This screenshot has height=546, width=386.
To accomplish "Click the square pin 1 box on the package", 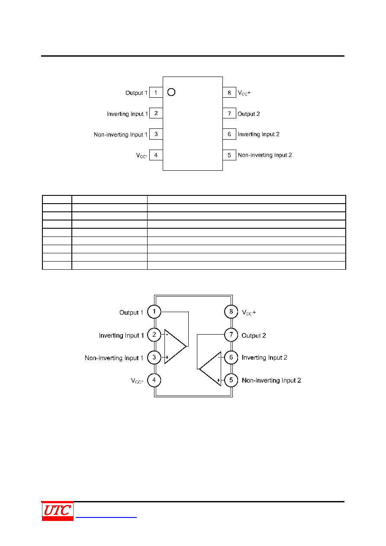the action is pyautogui.click(x=156, y=93).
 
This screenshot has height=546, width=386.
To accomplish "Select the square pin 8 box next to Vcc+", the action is pyautogui.click(x=229, y=93).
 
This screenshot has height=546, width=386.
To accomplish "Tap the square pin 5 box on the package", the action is pyautogui.click(x=229, y=155).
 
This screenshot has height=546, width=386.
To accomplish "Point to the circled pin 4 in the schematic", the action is pyautogui.click(x=154, y=380).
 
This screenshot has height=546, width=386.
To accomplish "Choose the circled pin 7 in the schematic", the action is pyautogui.click(x=231, y=335).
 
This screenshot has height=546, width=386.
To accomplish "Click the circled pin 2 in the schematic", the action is pyautogui.click(x=154, y=335).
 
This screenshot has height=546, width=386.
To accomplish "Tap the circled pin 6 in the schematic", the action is pyautogui.click(x=231, y=358).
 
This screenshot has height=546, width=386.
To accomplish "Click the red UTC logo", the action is pyautogui.click(x=58, y=511).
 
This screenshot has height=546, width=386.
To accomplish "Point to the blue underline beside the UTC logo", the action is pyautogui.click(x=106, y=517).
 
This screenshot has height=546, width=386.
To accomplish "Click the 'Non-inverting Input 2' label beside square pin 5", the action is pyautogui.click(x=265, y=155).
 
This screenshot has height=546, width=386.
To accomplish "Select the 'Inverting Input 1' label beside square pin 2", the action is pyautogui.click(x=127, y=114).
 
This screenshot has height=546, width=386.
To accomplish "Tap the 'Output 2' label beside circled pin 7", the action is pyautogui.click(x=254, y=335).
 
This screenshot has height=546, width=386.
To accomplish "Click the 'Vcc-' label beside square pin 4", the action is pyautogui.click(x=142, y=156).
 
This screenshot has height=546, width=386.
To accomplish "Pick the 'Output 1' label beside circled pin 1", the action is pyautogui.click(x=131, y=313).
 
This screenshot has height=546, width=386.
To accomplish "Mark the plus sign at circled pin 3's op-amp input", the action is pyautogui.click(x=167, y=358).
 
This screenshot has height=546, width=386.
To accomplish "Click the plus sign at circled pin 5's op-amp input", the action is pyautogui.click(x=219, y=380).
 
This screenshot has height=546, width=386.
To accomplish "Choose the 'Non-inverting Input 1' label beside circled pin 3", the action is pyautogui.click(x=114, y=358).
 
